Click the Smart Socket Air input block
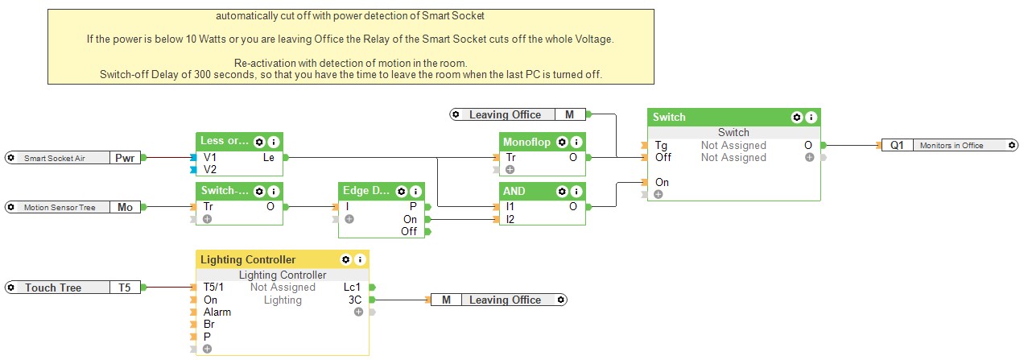[56, 158]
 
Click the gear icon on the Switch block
[797, 117]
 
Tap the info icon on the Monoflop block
[577, 142]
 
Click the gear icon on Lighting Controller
[346, 259]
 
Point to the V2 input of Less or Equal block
[209, 170]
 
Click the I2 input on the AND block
[510, 219]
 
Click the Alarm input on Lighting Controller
[217, 312]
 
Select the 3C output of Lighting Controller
[355, 300]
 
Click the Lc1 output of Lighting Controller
[353, 288]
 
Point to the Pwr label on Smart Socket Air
[125, 158]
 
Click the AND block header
[523, 192]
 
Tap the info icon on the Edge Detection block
[415, 192]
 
